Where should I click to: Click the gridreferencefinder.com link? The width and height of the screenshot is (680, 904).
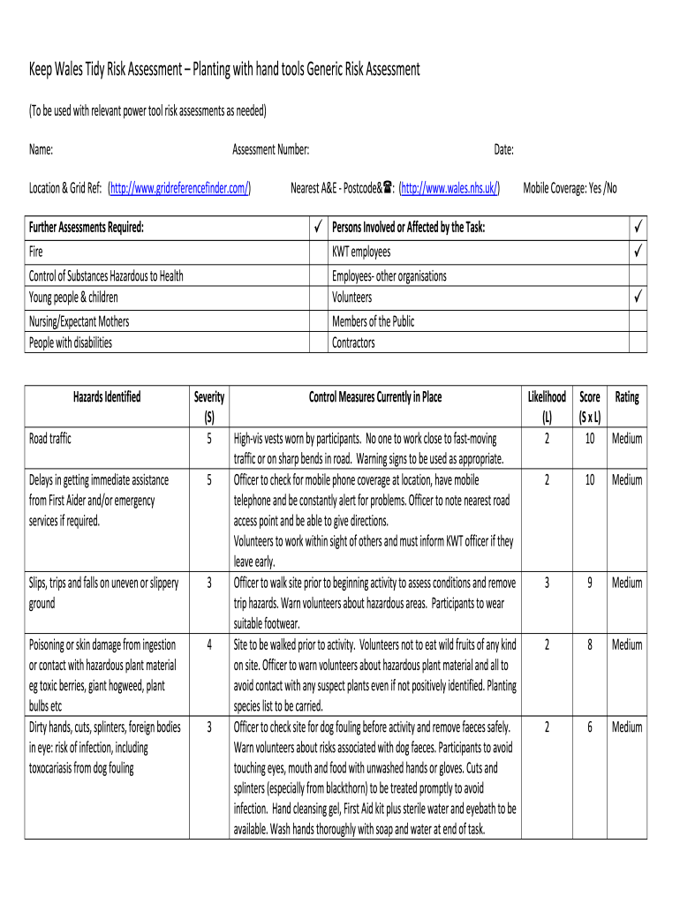(179, 188)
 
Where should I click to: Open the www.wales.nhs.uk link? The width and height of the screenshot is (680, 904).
(450, 188)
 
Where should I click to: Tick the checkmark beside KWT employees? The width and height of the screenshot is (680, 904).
(637, 252)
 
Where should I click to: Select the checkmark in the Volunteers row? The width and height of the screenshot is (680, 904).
(637, 298)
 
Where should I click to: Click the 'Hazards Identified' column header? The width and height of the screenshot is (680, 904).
(107, 397)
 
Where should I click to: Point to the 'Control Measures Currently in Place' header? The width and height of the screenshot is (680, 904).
(375, 397)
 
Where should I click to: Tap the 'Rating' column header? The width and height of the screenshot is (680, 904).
(627, 397)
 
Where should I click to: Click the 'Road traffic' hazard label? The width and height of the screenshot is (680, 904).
(50, 439)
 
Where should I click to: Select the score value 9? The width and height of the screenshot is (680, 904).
(589, 583)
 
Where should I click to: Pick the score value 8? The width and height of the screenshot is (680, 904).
(589, 644)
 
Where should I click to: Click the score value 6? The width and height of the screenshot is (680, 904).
(589, 727)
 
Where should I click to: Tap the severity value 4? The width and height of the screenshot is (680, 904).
(209, 644)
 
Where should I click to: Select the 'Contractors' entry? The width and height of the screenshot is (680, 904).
(353, 343)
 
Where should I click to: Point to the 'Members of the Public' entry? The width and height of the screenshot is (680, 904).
(373, 321)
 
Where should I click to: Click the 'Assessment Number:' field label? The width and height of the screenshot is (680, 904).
(270, 150)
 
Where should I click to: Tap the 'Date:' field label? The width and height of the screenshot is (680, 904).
(504, 150)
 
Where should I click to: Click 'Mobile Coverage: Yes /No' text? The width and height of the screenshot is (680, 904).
(570, 188)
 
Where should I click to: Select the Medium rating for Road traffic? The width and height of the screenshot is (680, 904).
(627, 439)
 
